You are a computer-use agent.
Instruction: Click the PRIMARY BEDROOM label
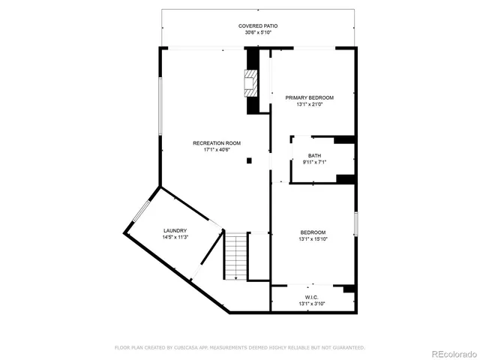pyautogui.click(x=309, y=97)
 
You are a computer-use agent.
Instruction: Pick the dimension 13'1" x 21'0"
pyautogui.click(x=309, y=105)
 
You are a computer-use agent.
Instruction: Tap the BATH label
pyautogui.click(x=313, y=155)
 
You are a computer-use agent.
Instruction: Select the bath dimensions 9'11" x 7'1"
pyautogui.click(x=313, y=163)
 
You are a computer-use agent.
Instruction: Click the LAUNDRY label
pyautogui.click(x=175, y=230)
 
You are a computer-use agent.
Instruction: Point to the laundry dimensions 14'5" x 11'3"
pyautogui.click(x=175, y=238)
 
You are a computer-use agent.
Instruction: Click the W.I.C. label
pyautogui.click(x=313, y=296)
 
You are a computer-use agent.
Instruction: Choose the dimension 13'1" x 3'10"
pyautogui.click(x=313, y=304)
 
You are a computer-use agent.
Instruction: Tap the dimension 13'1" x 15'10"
pyautogui.click(x=313, y=238)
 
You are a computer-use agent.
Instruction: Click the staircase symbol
pyautogui.click(x=236, y=256)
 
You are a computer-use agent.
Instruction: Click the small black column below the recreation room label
pyautogui.click(x=250, y=160)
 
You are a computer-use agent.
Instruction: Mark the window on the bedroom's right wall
pyautogui.click(x=356, y=223)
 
